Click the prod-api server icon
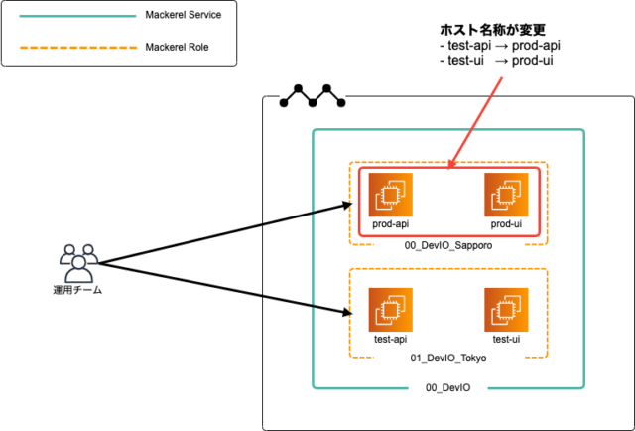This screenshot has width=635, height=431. click(x=391, y=196)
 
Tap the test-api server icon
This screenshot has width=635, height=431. click(x=391, y=309)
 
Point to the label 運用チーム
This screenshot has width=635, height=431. click(x=77, y=290)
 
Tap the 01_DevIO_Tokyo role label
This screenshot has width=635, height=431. click(x=446, y=357)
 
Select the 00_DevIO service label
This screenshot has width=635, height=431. click(x=447, y=386)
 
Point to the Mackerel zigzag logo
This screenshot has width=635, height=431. click(x=313, y=96)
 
